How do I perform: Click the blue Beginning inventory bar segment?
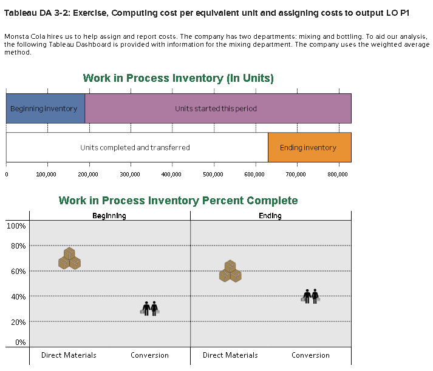pyautogui.click(x=46, y=109)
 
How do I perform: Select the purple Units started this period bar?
pyautogui.click(x=218, y=109)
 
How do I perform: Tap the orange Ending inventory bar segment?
pyautogui.click(x=310, y=147)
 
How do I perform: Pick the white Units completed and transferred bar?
pyautogui.click(x=137, y=147)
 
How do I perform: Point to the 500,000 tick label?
pyautogui.click(x=213, y=175)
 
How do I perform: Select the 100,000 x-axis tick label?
pyautogui.click(x=46, y=175)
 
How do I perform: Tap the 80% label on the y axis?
pyautogui.click(x=18, y=246)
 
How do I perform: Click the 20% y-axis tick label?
pyautogui.click(x=18, y=322)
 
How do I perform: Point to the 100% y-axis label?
pyautogui.click(x=16, y=226)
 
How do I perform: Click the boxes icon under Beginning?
pyautogui.click(x=69, y=258)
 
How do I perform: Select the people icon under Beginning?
pyautogui.click(x=150, y=309)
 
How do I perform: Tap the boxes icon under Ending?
pyautogui.click(x=230, y=271)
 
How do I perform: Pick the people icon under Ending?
pyautogui.click(x=311, y=296)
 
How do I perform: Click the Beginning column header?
pyautogui.click(x=109, y=216)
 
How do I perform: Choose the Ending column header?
pyautogui.click(x=270, y=216)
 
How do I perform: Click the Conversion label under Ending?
pyautogui.click(x=311, y=355)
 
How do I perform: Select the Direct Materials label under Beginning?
pyautogui.click(x=69, y=355)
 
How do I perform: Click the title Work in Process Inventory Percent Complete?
pyautogui.click(x=178, y=201)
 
